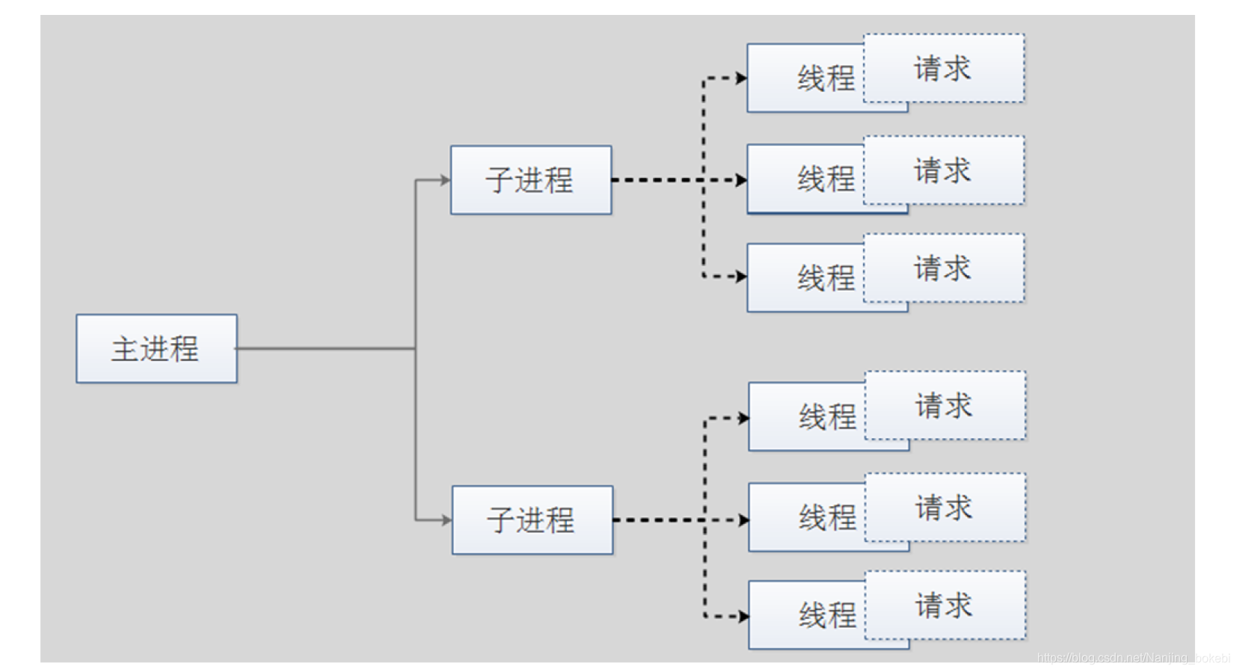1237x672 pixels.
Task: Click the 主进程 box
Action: [x=156, y=348]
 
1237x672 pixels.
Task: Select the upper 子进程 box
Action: [x=530, y=180]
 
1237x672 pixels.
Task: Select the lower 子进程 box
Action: [x=532, y=520]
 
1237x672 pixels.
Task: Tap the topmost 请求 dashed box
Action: [x=943, y=68]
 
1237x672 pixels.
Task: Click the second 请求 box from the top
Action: [x=943, y=170]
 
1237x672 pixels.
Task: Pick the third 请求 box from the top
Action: [x=943, y=268]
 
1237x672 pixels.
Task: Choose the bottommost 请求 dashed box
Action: [x=945, y=605]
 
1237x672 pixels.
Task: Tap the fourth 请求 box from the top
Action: [x=945, y=405]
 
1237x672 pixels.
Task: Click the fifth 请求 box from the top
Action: [x=945, y=507]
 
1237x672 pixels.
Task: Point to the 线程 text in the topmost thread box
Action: [x=826, y=78]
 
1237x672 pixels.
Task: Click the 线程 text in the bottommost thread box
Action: [x=827, y=615]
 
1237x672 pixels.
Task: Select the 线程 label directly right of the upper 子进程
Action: [x=826, y=179]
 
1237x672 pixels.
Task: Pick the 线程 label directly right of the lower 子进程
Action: [x=827, y=517]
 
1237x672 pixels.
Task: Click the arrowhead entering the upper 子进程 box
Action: [x=445, y=180]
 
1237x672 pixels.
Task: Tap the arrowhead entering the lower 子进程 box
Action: [x=446, y=520]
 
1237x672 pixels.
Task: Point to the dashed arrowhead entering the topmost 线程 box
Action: [x=741, y=78]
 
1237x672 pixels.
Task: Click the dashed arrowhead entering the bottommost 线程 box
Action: [x=743, y=616]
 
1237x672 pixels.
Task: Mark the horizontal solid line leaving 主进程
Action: [x=325, y=348]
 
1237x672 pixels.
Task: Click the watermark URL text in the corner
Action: [x=1132, y=658]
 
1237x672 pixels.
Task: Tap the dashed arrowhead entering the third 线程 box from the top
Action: [x=741, y=277]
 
